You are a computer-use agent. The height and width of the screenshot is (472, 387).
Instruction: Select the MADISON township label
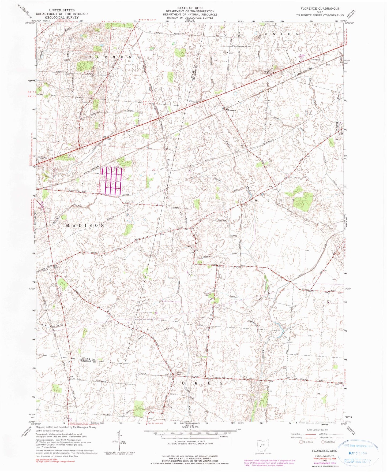click(x=85, y=226)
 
